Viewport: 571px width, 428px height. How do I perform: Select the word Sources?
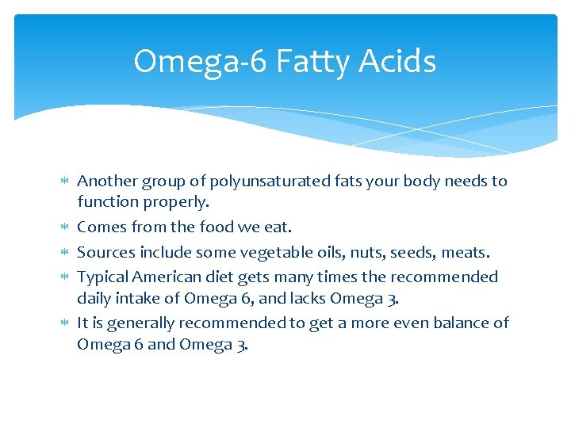tap(106, 253)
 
